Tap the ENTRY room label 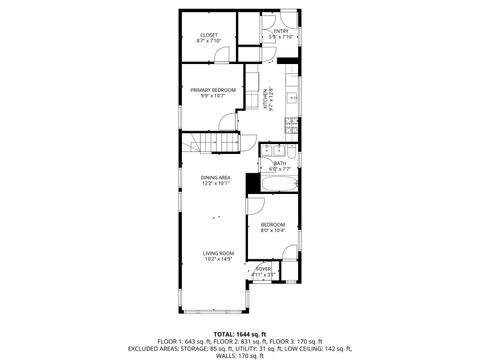point(281,32)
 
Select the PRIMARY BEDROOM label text point(213,90)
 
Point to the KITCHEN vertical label point(267,97)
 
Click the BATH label point(279,163)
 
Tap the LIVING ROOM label point(218,253)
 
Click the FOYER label point(264,268)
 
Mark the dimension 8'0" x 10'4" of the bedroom point(273,231)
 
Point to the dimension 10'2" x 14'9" point(218,260)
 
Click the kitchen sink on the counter point(291,99)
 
